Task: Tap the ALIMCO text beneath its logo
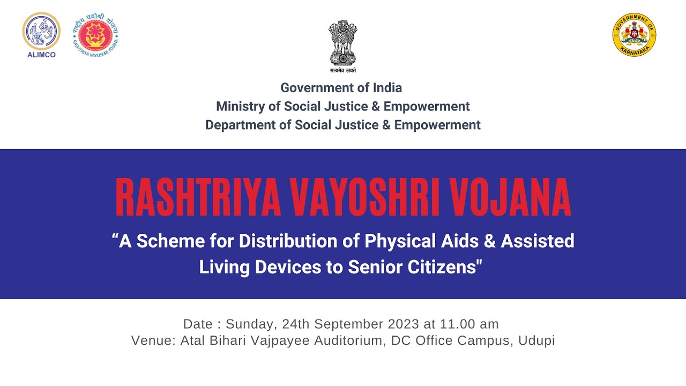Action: pos(41,55)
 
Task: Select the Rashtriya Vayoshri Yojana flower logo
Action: pos(95,35)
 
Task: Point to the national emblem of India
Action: pos(343,43)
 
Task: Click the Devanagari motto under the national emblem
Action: pos(343,71)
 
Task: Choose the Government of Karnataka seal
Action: pos(634,35)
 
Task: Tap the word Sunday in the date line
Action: pos(250,324)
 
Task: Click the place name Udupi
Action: pos(536,340)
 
